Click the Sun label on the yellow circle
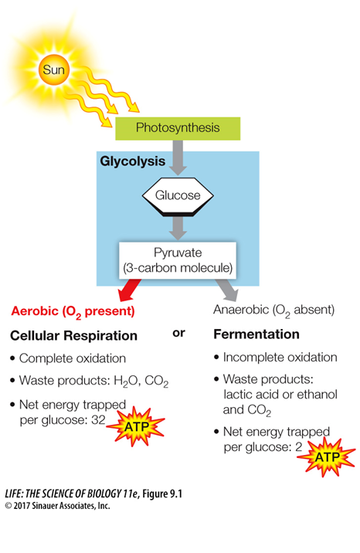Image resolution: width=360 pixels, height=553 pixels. [x=53, y=70]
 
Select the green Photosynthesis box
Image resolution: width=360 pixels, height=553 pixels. [x=178, y=128]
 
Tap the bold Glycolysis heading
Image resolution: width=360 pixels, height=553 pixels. [x=133, y=161]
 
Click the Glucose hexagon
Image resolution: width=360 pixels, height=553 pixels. [x=178, y=196]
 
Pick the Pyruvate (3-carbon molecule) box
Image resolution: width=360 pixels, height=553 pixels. [x=178, y=260]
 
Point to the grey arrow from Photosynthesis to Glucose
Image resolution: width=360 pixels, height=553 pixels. [x=178, y=158]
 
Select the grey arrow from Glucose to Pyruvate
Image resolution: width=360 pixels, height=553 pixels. [x=178, y=228]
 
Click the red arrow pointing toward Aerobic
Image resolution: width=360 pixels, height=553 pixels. [x=129, y=290]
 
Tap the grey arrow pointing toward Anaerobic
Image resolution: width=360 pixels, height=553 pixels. [x=227, y=290]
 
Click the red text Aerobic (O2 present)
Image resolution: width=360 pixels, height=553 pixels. [x=73, y=312]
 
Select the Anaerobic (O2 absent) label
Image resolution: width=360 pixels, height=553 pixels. [x=273, y=310]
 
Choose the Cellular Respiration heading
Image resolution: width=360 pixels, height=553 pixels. [x=73, y=335]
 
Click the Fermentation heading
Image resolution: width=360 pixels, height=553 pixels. [x=256, y=334]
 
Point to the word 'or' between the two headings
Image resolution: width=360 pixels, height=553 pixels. [x=178, y=333]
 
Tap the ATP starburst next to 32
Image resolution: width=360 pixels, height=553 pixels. [x=137, y=427]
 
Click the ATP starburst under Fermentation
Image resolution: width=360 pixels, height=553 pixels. [x=327, y=457]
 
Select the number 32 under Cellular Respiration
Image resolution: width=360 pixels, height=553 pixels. [x=98, y=420]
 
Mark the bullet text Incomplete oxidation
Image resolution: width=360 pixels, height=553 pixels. [x=280, y=358]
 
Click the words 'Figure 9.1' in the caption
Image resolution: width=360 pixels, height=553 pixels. [x=162, y=494]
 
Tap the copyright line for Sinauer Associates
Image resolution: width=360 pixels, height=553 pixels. [x=57, y=506]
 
